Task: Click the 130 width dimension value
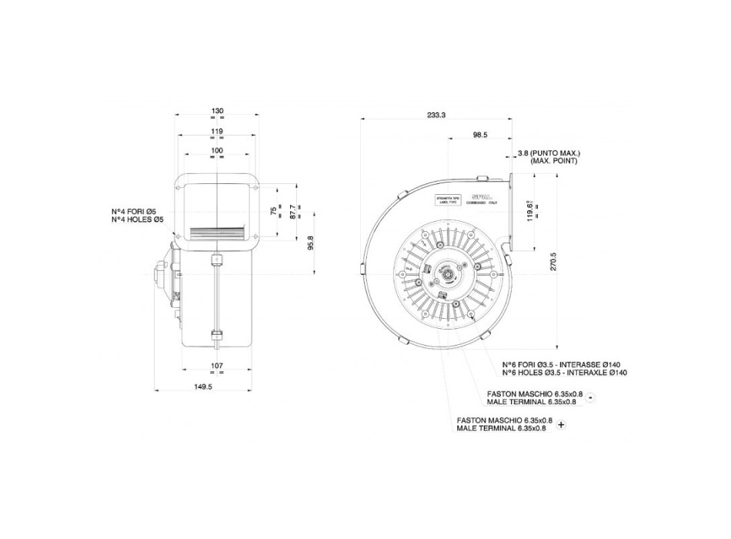[217, 112]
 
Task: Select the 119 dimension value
[217, 132]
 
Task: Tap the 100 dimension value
[217, 150]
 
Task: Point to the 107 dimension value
[217, 365]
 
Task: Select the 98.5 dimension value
[480, 135]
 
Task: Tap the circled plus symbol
[561, 425]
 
